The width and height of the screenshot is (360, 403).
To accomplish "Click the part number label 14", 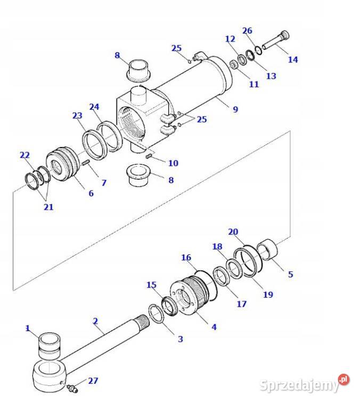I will click(x=293, y=59).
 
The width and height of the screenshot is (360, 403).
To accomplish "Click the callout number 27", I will click(x=93, y=380).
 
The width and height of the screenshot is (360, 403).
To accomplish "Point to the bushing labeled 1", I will click(x=49, y=346).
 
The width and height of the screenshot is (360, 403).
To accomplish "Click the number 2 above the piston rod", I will click(x=95, y=321).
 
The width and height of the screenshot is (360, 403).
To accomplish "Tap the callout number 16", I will click(x=186, y=258).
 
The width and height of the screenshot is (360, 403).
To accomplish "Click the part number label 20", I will click(x=233, y=232).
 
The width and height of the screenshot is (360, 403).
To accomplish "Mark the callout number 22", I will click(x=24, y=155).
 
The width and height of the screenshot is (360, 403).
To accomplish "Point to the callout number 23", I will click(x=78, y=116).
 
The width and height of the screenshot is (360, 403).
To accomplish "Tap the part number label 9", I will click(x=235, y=109).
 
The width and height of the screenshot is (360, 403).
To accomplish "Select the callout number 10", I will click(x=173, y=163).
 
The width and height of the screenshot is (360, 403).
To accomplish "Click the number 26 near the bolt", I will click(x=247, y=30).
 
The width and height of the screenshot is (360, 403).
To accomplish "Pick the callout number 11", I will click(x=253, y=84).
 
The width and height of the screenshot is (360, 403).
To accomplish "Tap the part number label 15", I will click(x=152, y=285).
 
